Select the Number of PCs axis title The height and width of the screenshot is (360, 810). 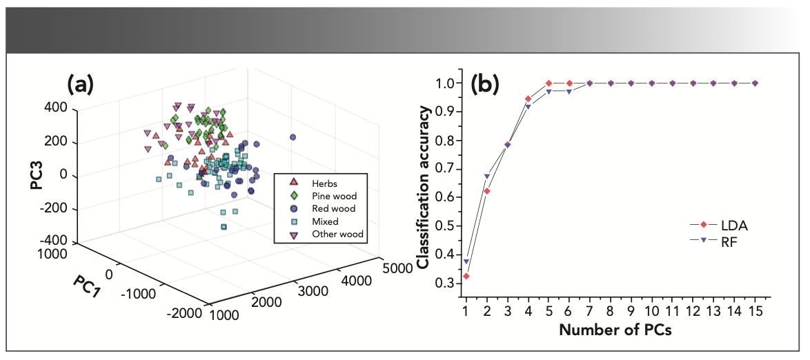pos(615,330)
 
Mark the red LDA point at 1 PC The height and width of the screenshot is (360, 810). pos(466,276)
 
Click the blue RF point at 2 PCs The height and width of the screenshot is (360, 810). pos(486,177)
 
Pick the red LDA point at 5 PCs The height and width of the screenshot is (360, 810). pos(549,83)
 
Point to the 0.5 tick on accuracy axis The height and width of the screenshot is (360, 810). pos(447,226)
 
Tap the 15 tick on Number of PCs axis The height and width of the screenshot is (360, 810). pos(755,311)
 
